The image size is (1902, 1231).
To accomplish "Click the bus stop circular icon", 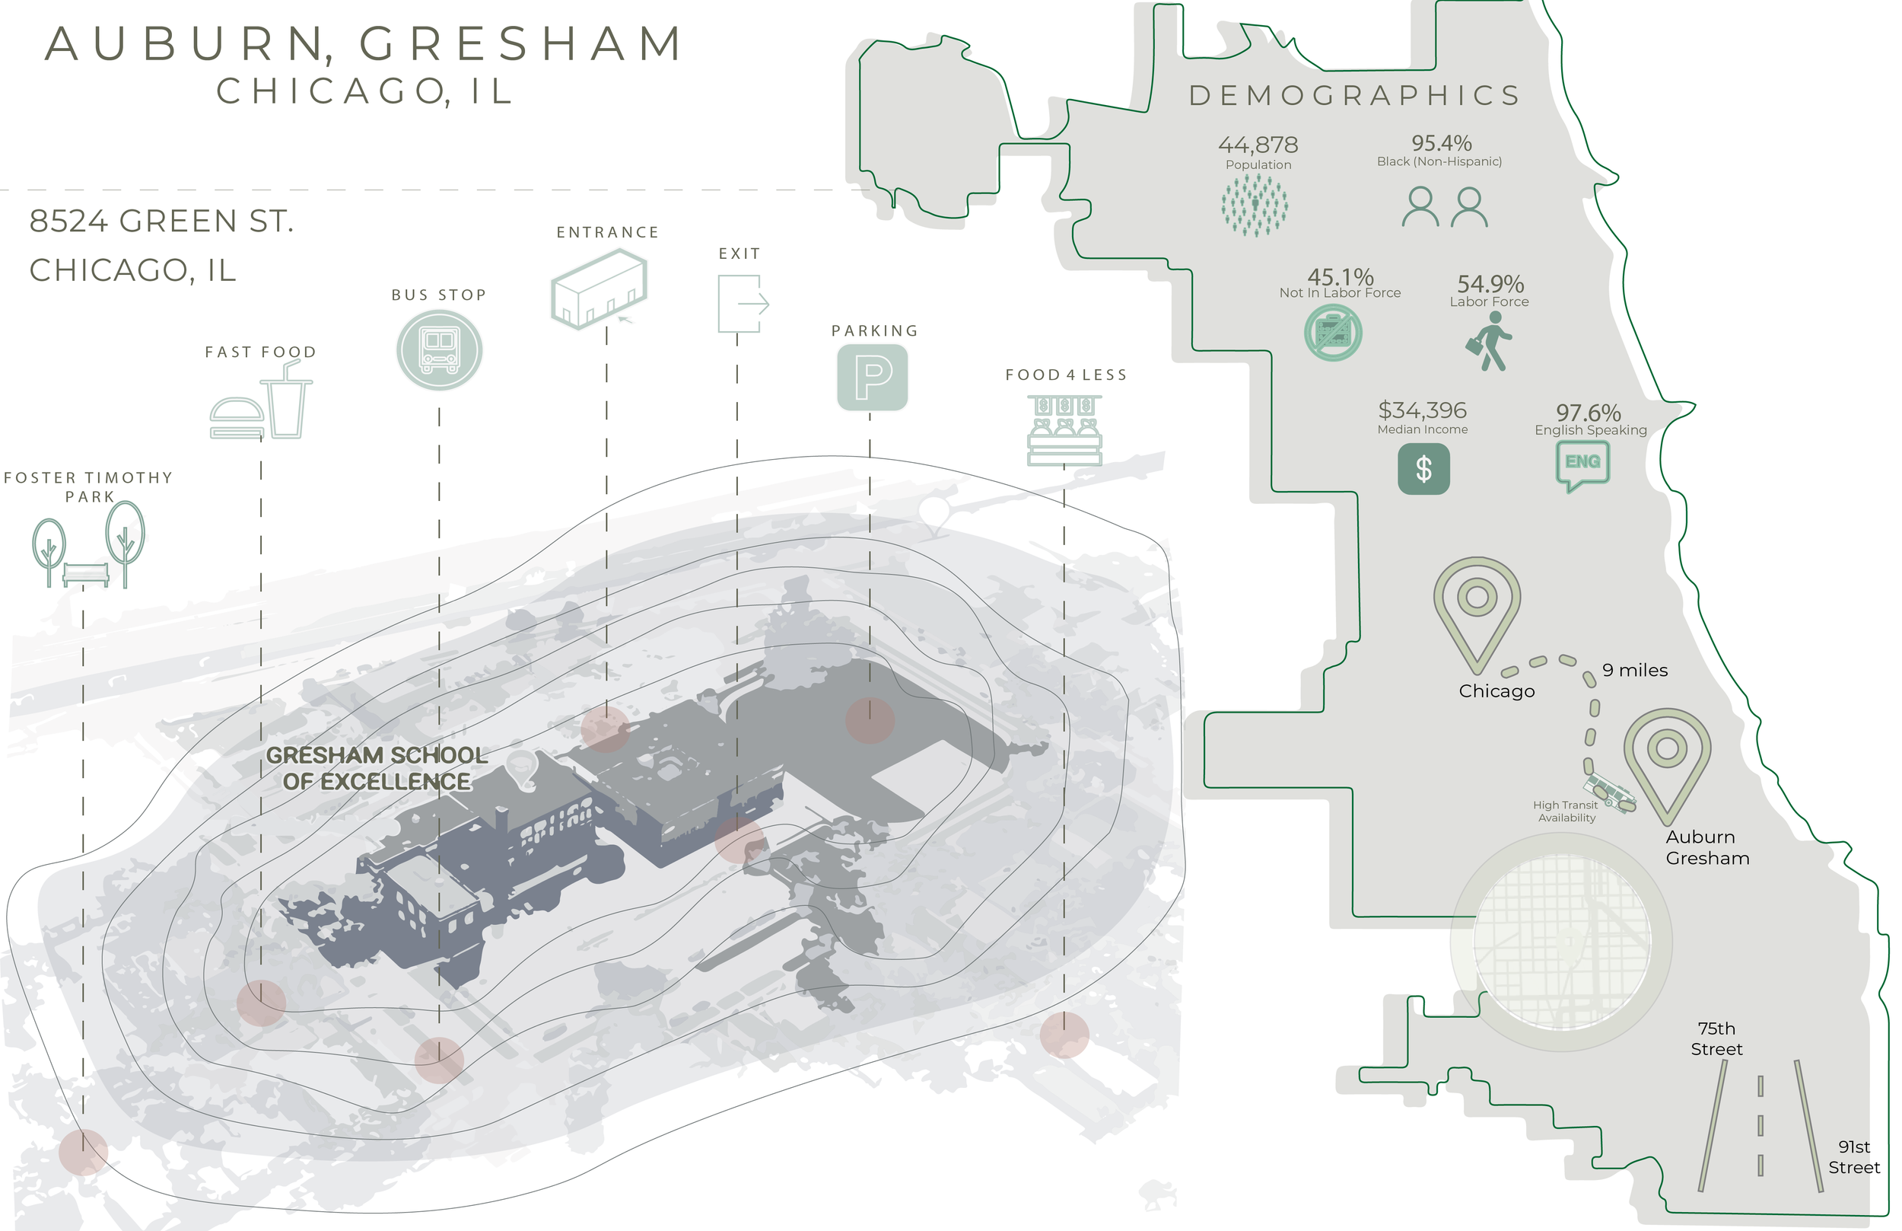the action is click(438, 350).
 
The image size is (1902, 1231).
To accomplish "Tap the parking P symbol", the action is click(873, 377).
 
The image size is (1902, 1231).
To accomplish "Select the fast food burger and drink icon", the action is click(260, 401).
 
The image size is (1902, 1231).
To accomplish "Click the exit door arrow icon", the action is click(742, 304).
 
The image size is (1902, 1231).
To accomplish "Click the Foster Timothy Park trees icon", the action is click(87, 545).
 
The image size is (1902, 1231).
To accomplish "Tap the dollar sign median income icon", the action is click(1423, 469).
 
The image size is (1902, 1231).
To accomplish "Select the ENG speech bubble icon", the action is click(1582, 464).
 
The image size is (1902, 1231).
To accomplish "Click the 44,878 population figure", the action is click(1258, 145).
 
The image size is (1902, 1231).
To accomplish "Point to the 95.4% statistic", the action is click(1441, 143).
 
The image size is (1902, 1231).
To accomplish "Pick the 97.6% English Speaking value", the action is click(1588, 413).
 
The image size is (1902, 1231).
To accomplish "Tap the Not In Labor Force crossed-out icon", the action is click(1332, 333).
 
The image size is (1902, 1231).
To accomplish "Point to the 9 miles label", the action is click(1634, 671).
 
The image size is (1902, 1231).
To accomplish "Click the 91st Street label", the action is click(1853, 1156).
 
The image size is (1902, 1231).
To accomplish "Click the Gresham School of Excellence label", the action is click(377, 768).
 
